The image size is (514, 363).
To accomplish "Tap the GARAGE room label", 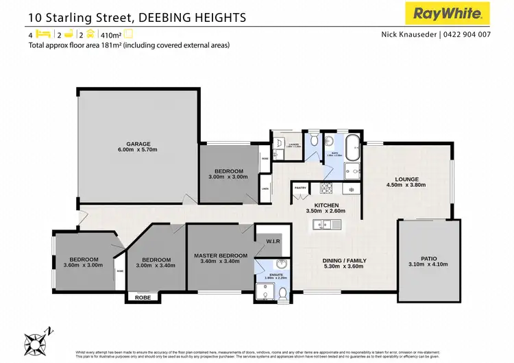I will coord(138,144).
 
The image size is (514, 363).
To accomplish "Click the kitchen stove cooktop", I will coord(326,189).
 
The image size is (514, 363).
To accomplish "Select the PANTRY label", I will coord(300,187).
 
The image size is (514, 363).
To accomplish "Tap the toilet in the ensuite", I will coord(282,293).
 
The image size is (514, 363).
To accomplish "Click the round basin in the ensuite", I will coord(281,264).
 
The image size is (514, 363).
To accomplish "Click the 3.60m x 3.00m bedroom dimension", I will coord(83,265).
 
